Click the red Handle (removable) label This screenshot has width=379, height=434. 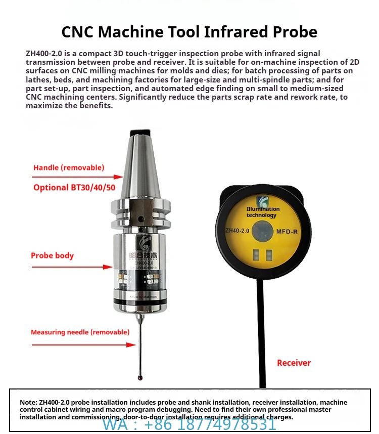click(69, 167)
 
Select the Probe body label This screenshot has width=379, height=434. click(52, 255)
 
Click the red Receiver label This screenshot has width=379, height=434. click(294, 363)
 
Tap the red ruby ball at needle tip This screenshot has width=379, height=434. click(139, 377)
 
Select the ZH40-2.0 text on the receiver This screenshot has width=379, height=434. click(238, 231)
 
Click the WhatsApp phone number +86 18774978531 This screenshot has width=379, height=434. click(189, 424)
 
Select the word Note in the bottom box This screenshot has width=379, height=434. click(28, 402)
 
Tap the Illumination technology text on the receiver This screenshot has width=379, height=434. click(263, 212)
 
